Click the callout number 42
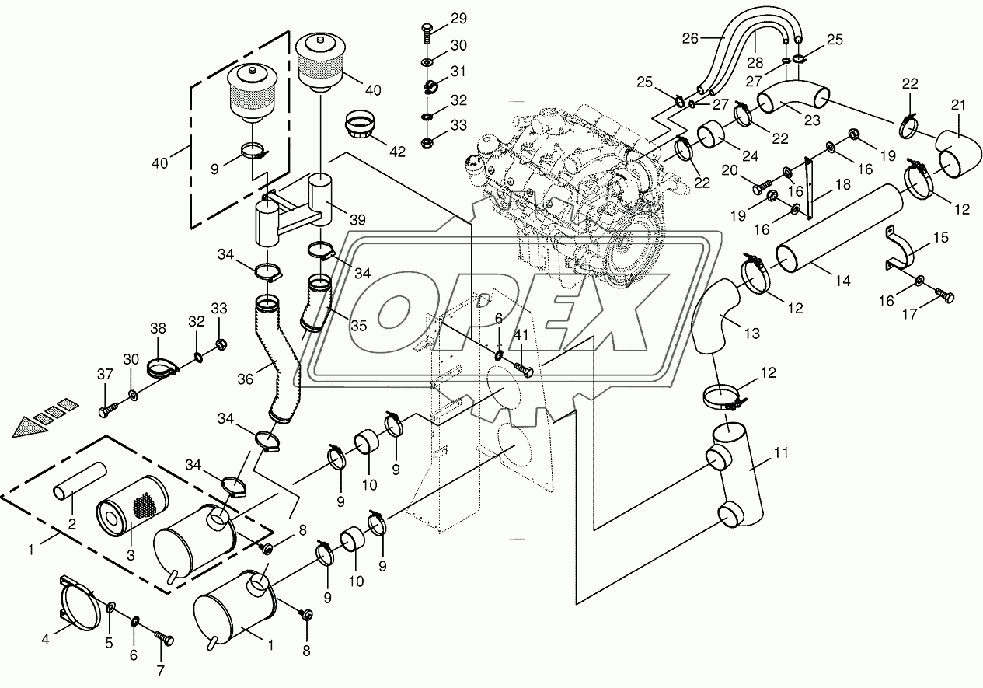pyautogui.click(x=398, y=152)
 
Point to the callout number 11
pyautogui.click(x=781, y=451)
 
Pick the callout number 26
pyautogui.click(x=691, y=37)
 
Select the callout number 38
pyautogui.click(x=159, y=329)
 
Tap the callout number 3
pyautogui.click(x=131, y=555)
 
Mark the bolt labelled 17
pyautogui.click(x=946, y=295)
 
